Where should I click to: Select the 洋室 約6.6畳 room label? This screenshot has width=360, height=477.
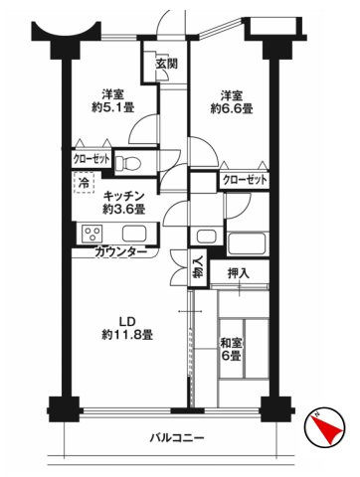point(229,101)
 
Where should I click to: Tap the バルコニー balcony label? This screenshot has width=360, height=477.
point(177,438)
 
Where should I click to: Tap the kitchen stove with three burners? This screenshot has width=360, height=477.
point(93,236)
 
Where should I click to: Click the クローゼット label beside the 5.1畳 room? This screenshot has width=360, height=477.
point(90,157)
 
